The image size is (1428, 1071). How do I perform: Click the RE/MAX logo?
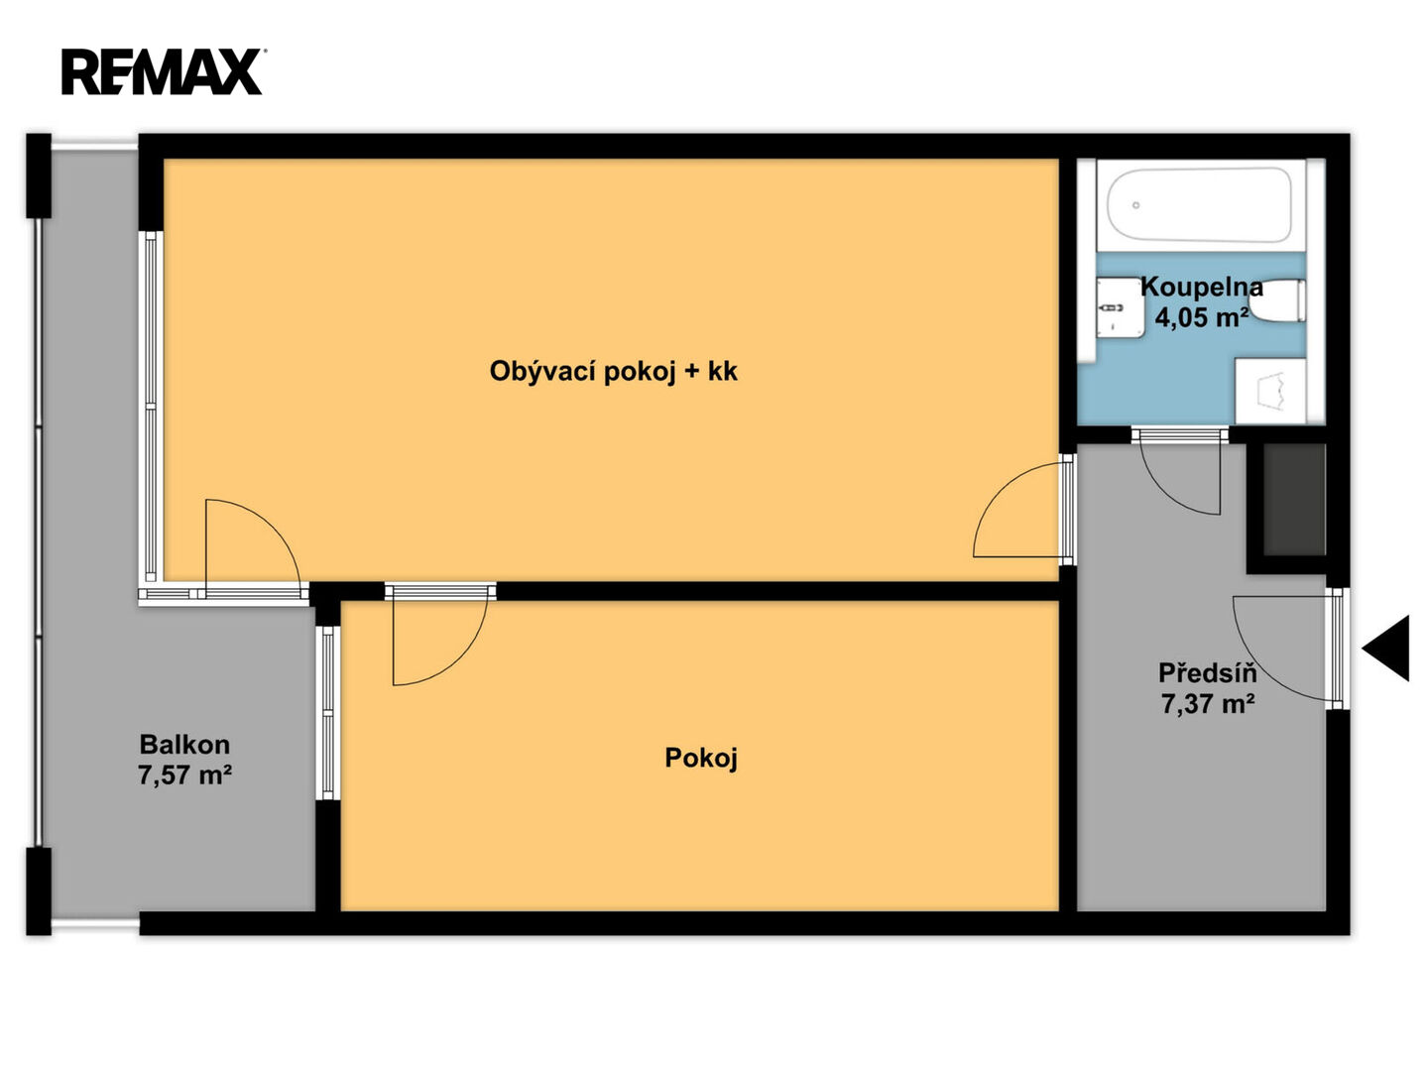tap(162, 72)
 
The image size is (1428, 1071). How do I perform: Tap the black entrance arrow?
tap(1386, 649)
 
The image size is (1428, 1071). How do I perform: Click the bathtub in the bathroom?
tap(1200, 205)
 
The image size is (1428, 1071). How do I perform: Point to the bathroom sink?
tap(1120, 307)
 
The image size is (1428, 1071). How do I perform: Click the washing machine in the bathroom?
tap(1270, 391)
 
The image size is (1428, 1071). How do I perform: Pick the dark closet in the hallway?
tap(1294, 500)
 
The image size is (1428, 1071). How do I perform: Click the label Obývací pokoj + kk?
tap(613, 371)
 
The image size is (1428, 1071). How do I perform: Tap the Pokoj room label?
tap(701, 758)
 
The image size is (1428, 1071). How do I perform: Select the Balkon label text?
tap(184, 745)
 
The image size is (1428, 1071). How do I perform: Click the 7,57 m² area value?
tap(184, 775)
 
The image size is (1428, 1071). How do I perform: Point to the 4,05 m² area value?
tap(1201, 317)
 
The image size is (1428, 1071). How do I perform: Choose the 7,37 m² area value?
tap(1208, 704)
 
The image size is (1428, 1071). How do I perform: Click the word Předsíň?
tap(1208, 673)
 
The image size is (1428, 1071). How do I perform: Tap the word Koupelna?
tap(1202, 287)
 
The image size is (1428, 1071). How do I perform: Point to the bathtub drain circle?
tap(1135, 205)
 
